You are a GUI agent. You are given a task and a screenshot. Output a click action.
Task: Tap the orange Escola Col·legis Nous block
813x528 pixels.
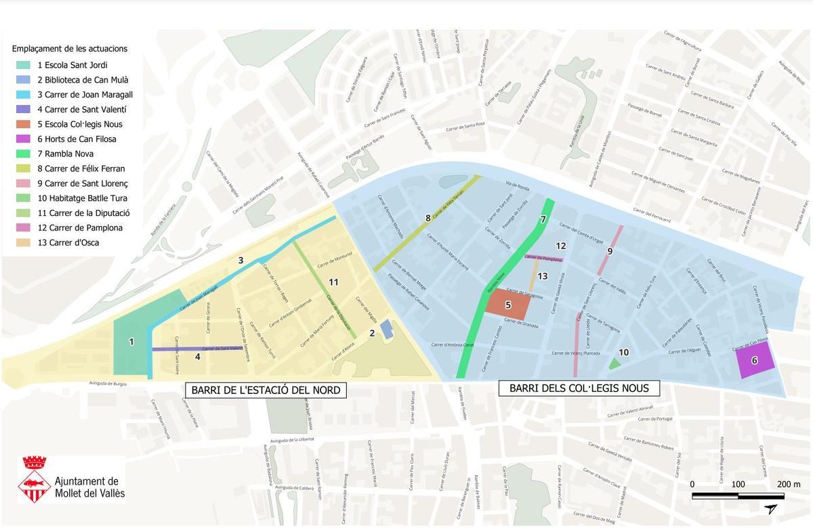tap(507, 304)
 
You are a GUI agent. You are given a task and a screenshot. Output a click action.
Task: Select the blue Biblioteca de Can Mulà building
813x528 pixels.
tap(386, 330)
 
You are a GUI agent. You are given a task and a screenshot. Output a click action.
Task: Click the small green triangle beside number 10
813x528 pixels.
tap(614, 364)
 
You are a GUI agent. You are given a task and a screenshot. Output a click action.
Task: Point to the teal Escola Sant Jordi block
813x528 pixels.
tap(131, 345)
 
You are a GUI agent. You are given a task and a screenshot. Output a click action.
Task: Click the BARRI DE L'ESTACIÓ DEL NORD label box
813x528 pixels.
tap(266, 390)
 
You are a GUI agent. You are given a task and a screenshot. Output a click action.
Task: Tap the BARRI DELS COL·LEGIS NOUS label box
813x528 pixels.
tap(579, 388)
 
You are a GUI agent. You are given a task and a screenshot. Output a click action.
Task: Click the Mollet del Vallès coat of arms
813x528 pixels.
tap(34, 479)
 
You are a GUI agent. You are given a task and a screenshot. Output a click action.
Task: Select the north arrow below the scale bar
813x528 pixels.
tap(770, 509)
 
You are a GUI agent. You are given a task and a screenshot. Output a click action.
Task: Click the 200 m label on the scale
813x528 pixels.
tap(789, 484)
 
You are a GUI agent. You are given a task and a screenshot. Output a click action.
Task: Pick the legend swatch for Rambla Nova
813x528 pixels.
tap(24, 154)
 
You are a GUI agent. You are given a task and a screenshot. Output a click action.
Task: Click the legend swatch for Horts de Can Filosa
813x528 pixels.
tap(24, 139)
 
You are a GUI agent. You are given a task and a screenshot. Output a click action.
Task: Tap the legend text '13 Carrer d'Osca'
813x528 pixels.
tap(68, 242)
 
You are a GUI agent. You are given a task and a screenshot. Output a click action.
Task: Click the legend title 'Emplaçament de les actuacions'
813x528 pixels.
tap(70, 49)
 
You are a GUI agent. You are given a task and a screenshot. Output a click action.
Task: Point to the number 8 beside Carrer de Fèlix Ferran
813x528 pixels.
tap(428, 218)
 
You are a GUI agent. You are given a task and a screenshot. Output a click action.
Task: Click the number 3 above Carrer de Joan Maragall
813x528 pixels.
tap(241, 260)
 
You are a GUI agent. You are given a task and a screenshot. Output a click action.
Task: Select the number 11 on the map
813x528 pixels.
tap(333, 282)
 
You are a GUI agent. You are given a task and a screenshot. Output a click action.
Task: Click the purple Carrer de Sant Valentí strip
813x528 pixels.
tap(196, 349)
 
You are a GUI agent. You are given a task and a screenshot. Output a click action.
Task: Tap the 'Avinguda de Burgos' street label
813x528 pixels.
tap(108, 384)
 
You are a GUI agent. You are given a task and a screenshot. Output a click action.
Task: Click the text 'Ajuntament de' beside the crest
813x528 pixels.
tap(86, 481)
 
